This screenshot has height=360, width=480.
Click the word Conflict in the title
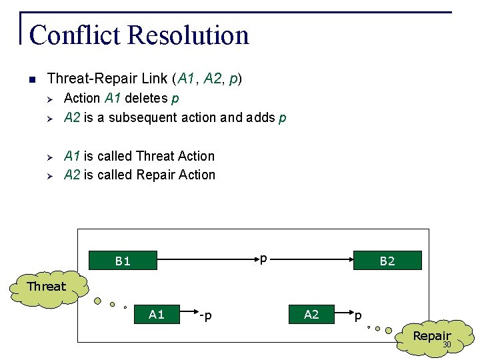pos(71,35)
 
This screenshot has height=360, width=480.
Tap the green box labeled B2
pos(387,261)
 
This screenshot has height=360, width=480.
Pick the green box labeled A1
pos(157,315)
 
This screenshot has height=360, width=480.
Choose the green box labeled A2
pos(311,315)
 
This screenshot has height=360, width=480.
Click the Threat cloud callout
pos(47,287)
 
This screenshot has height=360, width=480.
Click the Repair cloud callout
pos(431,337)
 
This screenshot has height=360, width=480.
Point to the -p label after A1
pos(205,315)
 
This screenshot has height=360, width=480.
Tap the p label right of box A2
pos(358,315)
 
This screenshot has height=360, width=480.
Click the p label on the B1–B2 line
pos(263,257)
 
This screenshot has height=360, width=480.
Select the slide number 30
pos(447,345)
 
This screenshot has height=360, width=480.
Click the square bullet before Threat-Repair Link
pos(31,79)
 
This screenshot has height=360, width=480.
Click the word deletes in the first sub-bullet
pos(146,98)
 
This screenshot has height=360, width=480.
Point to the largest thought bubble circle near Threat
pos(97,301)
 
